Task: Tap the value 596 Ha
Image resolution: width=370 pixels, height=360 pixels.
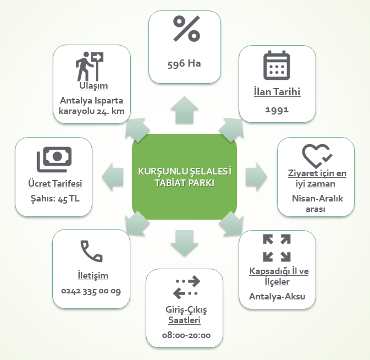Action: coord(184,63)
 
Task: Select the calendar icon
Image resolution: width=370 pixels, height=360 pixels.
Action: coord(277,67)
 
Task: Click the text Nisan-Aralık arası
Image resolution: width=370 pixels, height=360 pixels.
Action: coord(316,204)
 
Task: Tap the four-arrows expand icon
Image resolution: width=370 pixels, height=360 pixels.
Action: coord(277,248)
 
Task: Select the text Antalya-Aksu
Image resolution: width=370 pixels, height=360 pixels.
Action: coord(277,297)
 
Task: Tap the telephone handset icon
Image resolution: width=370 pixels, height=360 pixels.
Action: coord(91,250)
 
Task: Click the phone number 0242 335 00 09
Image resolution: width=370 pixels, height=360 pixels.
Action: coord(91,290)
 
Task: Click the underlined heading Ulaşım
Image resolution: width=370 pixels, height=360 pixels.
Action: coord(91,86)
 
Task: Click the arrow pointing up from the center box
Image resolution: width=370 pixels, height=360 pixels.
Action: coord(185,110)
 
